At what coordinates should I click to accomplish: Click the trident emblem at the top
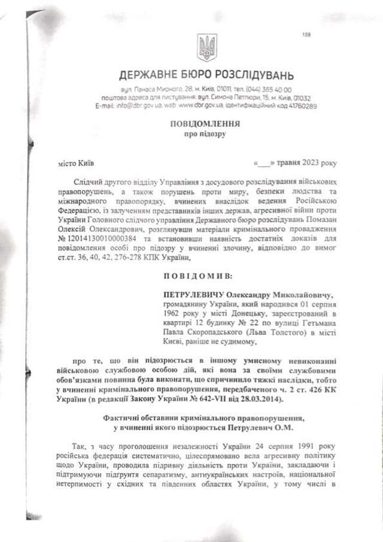206,47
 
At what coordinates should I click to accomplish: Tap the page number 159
306,35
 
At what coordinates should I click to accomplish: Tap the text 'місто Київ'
75,163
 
